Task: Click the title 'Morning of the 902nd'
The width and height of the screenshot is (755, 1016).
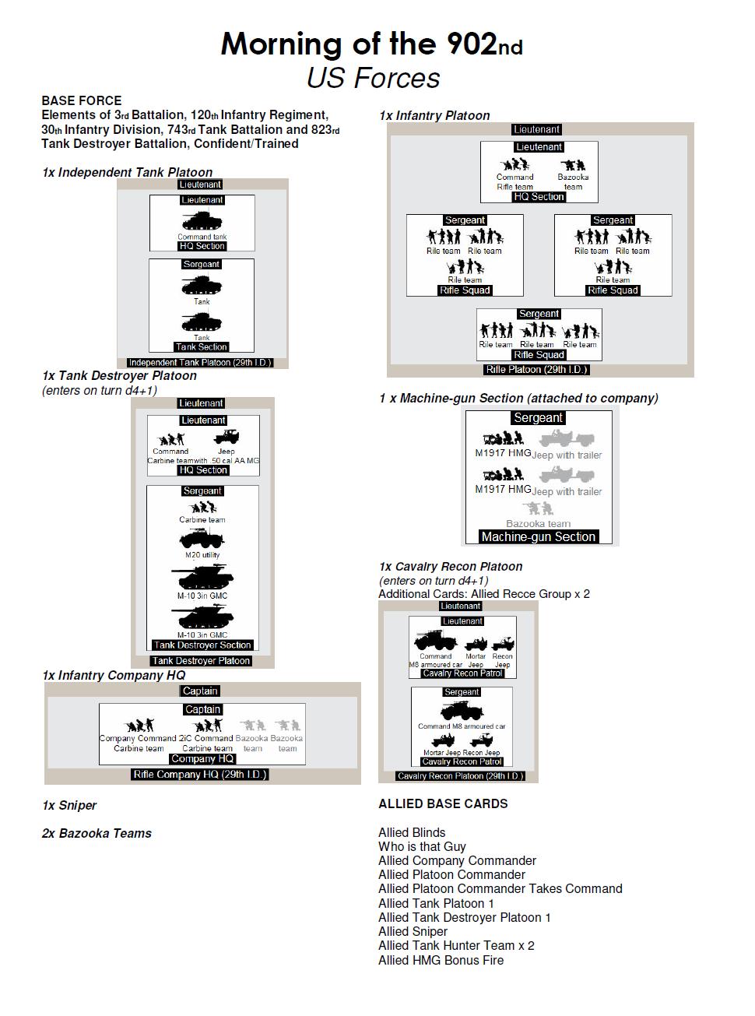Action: pos(372,44)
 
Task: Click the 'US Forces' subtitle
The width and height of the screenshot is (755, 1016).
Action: pos(373,78)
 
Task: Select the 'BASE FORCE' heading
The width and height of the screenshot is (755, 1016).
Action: pos(82,100)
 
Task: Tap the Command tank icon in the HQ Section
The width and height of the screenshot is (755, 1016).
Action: pos(202,220)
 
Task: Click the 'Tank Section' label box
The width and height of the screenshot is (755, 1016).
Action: pos(202,347)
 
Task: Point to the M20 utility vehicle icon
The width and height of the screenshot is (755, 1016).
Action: pos(202,539)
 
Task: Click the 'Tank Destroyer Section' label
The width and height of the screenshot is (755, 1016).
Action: pos(202,645)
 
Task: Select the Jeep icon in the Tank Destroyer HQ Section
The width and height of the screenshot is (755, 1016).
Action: pos(226,438)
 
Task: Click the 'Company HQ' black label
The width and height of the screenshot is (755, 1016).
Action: pos(202,759)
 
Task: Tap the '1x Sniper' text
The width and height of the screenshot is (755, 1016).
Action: pos(69,805)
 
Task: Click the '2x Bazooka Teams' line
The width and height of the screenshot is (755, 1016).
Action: pos(97,833)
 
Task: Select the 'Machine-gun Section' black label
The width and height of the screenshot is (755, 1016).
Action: pos(538,537)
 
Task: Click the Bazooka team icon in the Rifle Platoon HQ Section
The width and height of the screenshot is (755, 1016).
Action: pos(573,165)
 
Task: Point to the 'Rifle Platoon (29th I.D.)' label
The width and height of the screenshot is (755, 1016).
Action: pos(536,370)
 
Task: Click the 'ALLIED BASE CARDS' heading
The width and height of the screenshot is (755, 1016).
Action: pos(443,803)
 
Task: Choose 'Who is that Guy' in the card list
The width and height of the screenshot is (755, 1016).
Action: pos(422,846)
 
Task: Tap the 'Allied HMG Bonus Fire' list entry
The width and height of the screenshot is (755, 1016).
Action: pos(441,960)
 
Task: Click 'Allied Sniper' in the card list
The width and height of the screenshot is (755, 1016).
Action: pos(413,931)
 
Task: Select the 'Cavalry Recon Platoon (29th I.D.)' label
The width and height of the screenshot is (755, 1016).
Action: pos(460,776)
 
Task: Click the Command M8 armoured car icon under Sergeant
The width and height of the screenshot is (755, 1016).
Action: pos(462,711)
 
